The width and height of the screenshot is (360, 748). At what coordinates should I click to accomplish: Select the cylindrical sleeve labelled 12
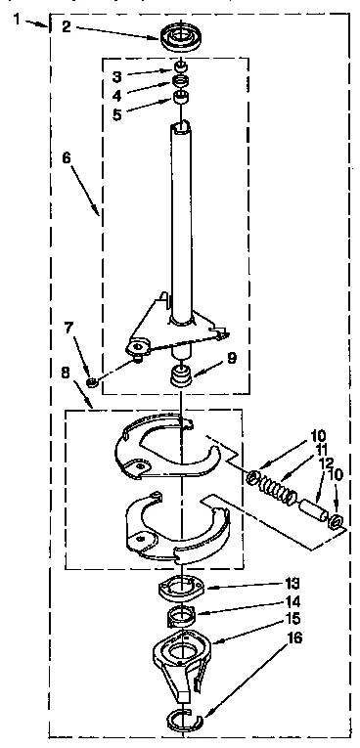pyautogui.click(x=311, y=507)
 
